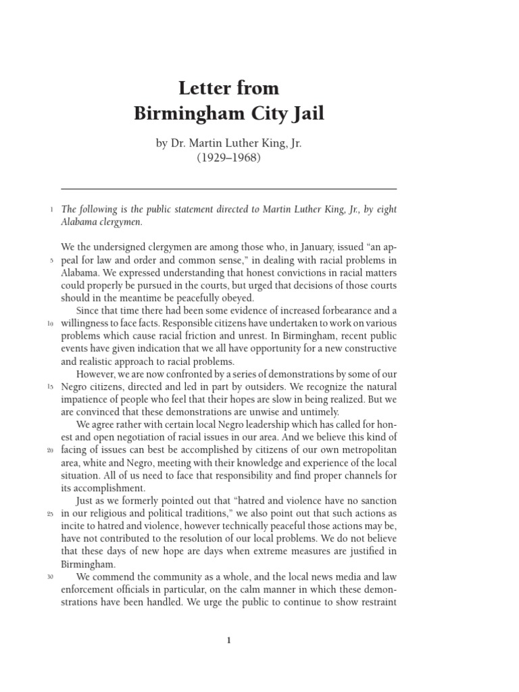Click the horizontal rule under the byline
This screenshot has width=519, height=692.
(x=228, y=189)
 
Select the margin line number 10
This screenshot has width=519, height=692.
(x=51, y=323)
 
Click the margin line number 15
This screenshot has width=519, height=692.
(x=51, y=387)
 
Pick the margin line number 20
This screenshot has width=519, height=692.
(x=51, y=450)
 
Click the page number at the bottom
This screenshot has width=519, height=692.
(x=229, y=641)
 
